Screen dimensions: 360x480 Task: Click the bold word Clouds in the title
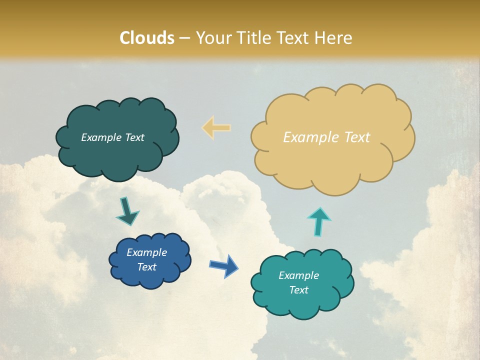tap(147, 38)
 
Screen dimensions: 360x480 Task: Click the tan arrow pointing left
tap(216, 127)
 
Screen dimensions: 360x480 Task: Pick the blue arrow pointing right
tap(224, 265)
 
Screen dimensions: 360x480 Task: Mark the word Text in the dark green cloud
tap(135, 137)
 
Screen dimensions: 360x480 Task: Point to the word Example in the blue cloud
tap(147, 252)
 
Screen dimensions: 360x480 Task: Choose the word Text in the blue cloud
tap(147, 267)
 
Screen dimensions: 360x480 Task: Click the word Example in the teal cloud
tap(299, 275)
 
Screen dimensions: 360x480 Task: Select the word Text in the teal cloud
tap(299, 290)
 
